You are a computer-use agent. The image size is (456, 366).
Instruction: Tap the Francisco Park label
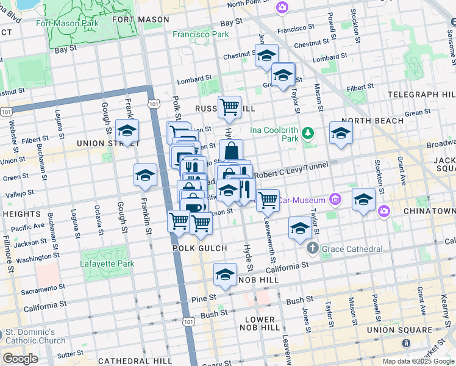[200, 35]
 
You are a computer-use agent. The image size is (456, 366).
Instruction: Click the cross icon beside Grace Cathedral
[313, 248]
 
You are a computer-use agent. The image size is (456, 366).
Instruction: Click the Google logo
[20, 359]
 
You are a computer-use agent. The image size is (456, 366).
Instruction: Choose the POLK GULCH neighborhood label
[200, 248]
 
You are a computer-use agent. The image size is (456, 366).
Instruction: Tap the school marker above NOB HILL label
[225, 275]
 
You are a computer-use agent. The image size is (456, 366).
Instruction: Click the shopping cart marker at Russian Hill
[229, 107]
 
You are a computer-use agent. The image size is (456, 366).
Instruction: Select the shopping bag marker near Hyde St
[232, 151]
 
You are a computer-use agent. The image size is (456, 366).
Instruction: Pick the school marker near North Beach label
[341, 133]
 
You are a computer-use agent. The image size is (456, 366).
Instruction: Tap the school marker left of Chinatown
[363, 199]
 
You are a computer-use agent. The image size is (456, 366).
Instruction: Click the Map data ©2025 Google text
[418, 361]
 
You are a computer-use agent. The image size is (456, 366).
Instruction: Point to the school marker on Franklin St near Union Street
[127, 131]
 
